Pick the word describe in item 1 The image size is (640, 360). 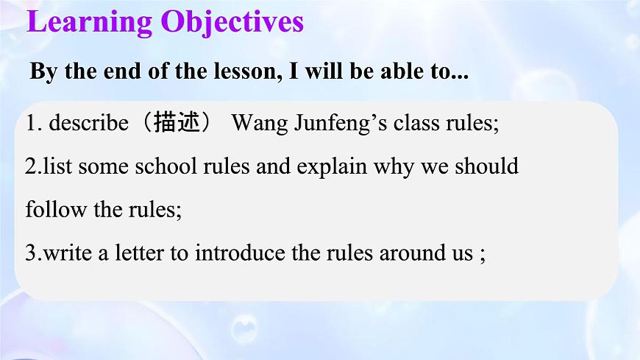88,123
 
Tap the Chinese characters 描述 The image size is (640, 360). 177,123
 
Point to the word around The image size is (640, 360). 409,254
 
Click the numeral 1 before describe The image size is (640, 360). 31,123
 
